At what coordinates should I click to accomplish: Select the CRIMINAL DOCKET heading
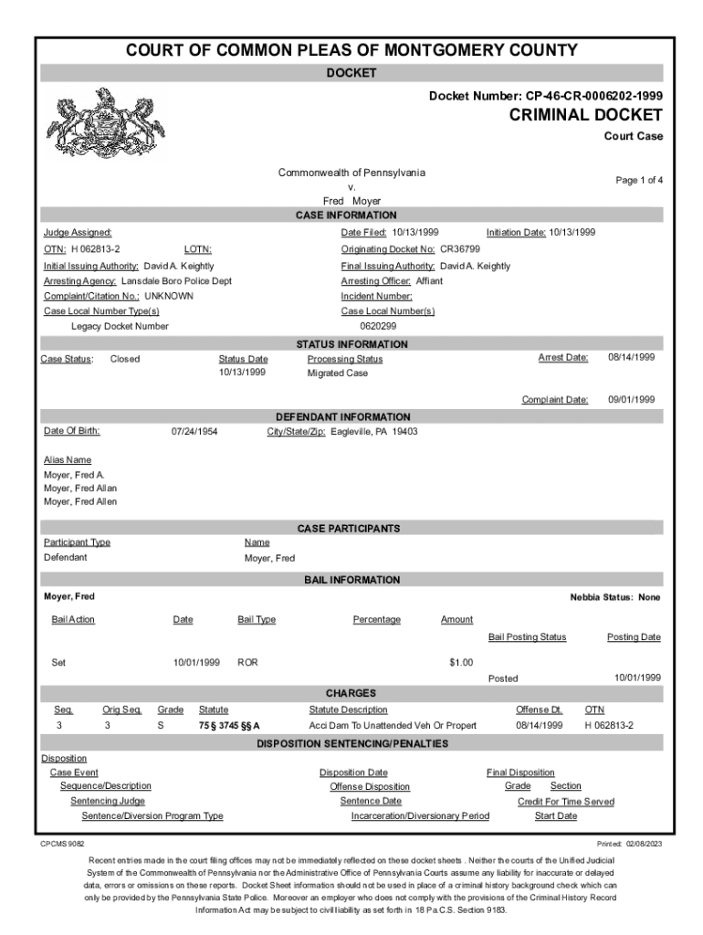click(x=580, y=115)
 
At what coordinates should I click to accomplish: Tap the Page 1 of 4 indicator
click(x=639, y=181)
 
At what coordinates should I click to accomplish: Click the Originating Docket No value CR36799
click(x=460, y=249)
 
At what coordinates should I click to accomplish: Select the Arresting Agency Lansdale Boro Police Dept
click(x=176, y=281)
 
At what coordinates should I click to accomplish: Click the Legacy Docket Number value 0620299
click(x=378, y=326)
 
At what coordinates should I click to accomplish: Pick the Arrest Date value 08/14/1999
click(x=632, y=357)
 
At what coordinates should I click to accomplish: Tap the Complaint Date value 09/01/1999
click(x=632, y=400)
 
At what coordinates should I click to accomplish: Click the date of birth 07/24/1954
click(x=194, y=431)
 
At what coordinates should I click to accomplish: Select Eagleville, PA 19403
click(x=373, y=431)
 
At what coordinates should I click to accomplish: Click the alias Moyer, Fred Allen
click(x=80, y=501)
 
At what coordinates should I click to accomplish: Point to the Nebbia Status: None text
click(x=615, y=597)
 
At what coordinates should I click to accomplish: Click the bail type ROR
click(x=247, y=662)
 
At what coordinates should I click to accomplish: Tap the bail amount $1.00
click(x=460, y=662)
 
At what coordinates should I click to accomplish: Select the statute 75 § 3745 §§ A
click(x=229, y=725)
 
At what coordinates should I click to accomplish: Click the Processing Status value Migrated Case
click(x=338, y=373)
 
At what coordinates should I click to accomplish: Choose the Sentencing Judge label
click(x=108, y=801)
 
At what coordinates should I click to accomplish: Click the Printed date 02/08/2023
click(x=642, y=844)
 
